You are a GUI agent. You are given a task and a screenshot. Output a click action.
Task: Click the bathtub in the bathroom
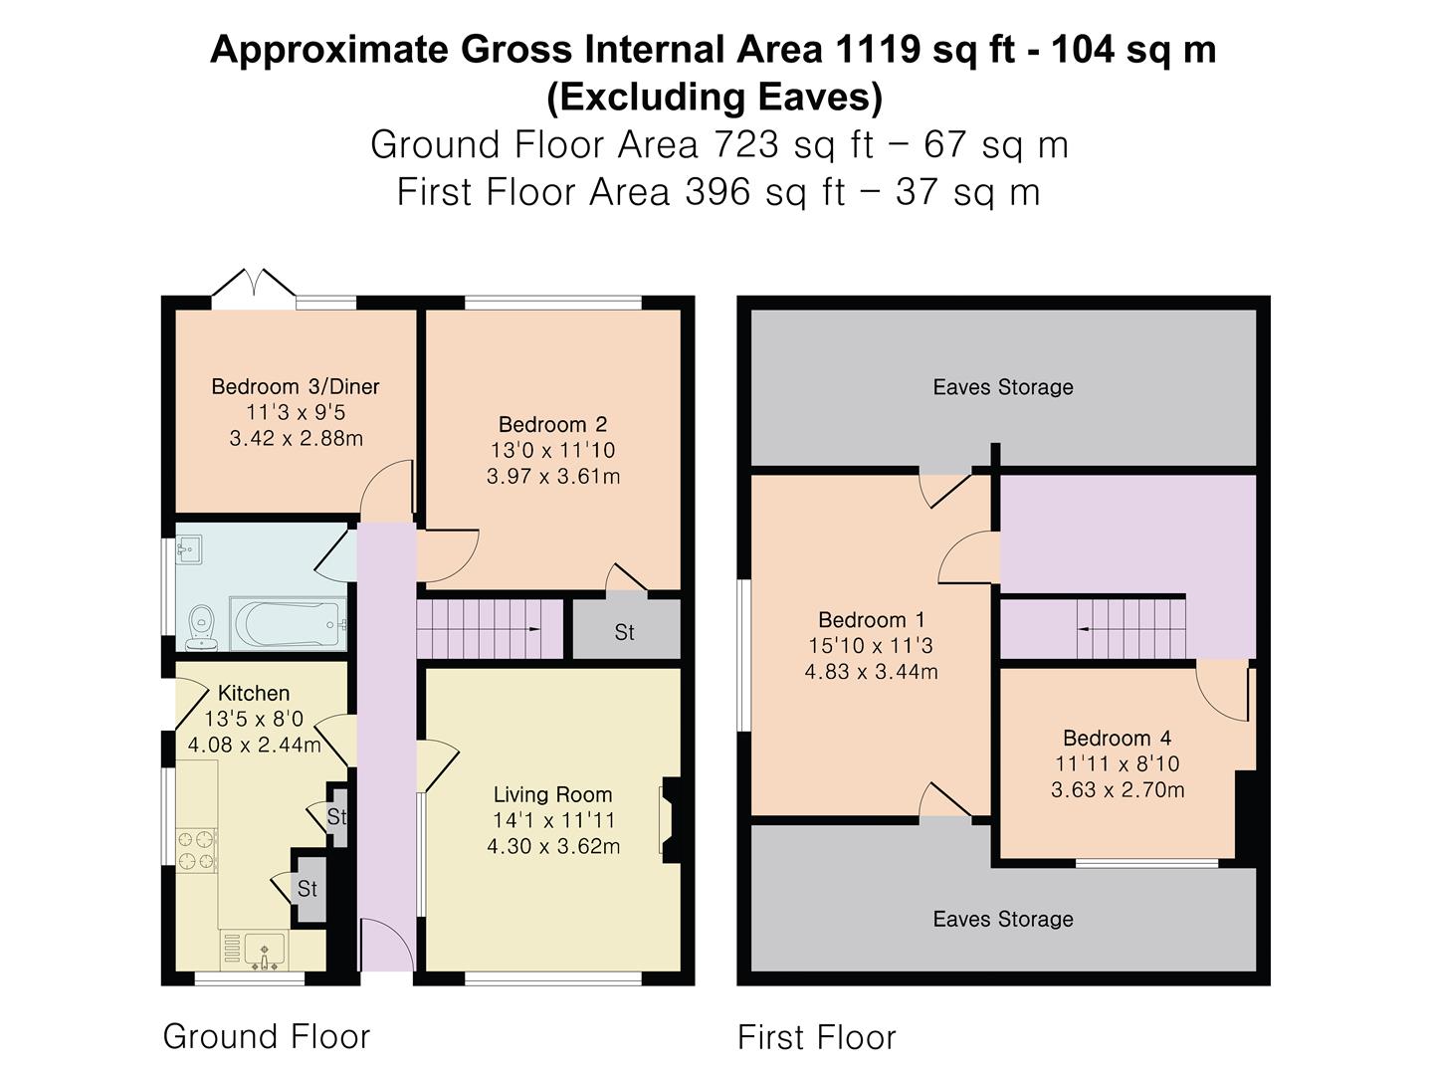288,624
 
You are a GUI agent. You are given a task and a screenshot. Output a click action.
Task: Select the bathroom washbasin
189,549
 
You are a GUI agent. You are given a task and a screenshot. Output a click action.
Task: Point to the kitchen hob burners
196,849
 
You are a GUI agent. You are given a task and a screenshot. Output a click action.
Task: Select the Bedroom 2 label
552,425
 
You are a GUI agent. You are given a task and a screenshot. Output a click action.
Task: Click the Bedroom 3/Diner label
296,387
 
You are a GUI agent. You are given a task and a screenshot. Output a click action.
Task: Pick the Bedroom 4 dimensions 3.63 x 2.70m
1118,790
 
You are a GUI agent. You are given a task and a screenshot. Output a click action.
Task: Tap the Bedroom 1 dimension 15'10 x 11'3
871,646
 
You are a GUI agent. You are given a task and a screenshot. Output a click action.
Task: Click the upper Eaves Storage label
1002,387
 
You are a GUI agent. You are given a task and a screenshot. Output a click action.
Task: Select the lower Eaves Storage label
1002,919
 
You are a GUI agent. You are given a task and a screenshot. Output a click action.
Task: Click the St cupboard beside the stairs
625,631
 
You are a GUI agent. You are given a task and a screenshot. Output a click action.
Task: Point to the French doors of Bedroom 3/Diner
253,286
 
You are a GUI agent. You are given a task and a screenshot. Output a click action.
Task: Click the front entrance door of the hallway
386,946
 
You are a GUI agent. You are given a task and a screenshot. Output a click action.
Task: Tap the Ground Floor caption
266,1036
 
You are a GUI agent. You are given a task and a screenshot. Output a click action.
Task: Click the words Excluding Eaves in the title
715,97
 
